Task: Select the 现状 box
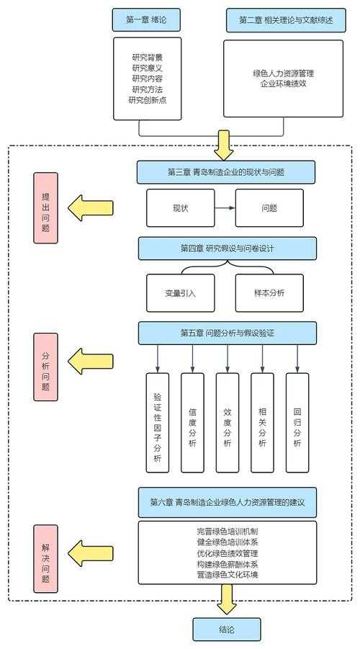click(180, 208)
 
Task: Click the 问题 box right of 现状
click(270, 208)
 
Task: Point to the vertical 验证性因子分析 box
click(158, 422)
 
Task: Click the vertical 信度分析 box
click(192, 422)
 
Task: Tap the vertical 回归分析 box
click(297, 422)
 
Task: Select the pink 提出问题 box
click(45, 207)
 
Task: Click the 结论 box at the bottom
click(227, 629)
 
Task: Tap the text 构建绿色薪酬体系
click(227, 564)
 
